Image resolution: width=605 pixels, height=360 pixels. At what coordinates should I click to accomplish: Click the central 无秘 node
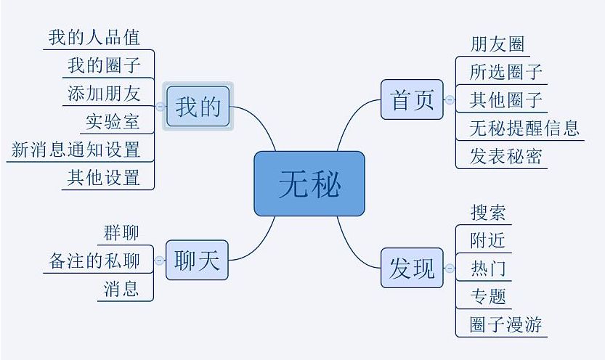tap(309, 183)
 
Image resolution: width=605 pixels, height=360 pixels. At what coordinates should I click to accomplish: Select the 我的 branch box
tap(198, 106)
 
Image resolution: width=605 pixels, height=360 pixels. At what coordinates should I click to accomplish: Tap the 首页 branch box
tap(412, 99)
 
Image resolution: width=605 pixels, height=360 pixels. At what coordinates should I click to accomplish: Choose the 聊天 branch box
tap(197, 260)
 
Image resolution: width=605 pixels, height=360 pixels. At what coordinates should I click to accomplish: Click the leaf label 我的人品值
tap(94, 37)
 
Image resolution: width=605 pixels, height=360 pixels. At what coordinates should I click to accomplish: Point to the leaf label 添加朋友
tap(103, 93)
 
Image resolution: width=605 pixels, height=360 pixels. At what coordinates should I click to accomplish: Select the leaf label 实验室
tap(113, 121)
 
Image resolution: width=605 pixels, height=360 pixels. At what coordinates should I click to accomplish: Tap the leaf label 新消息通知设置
tap(76, 150)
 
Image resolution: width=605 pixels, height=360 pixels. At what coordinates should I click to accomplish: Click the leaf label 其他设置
tap(103, 178)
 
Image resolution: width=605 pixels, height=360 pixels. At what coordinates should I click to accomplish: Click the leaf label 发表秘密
tap(505, 156)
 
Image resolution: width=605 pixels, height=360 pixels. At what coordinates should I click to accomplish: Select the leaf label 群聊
tap(121, 233)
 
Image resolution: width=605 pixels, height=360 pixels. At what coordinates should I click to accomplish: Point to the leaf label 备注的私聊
tap(94, 261)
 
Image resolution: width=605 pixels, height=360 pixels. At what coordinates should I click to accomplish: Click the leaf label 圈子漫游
tap(505, 324)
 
